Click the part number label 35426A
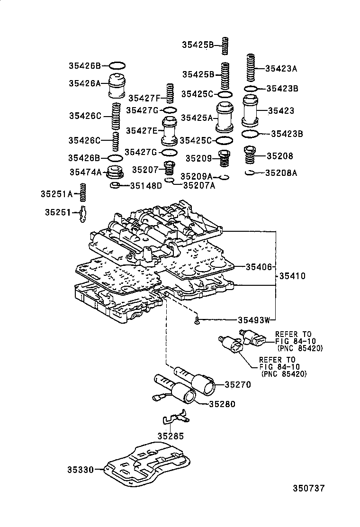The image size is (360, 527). coord(85,83)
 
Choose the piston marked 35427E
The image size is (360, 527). coord(169,130)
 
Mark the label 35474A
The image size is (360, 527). coord(85,173)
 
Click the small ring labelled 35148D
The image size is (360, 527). coord(115,185)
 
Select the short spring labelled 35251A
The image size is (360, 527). coord(83,193)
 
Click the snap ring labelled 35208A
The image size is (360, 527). coord(251,173)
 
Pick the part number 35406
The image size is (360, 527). coord(258,267)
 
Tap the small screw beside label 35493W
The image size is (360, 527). coord(196,321)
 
